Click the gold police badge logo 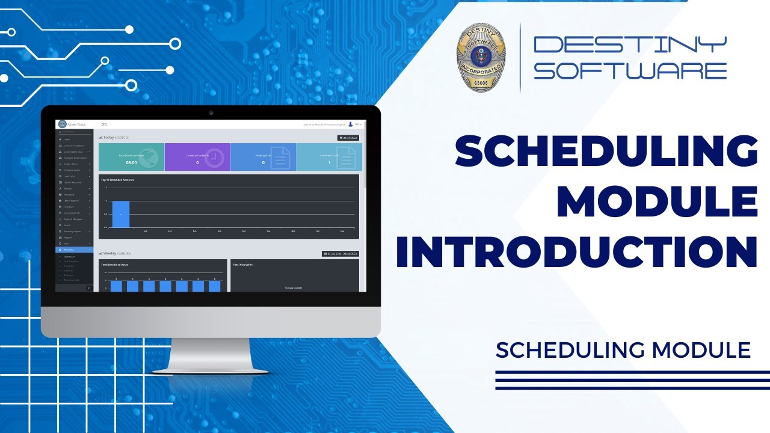(481, 58)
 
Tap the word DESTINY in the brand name (630, 44)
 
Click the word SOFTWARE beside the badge (630, 70)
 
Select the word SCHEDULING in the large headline (606, 151)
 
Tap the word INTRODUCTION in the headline (576, 253)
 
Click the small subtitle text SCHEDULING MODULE (623, 349)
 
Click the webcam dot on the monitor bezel (211, 112)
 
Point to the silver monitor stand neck (210, 352)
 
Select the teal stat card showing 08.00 (131, 157)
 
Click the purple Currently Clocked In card (197, 157)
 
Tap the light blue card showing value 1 (329, 157)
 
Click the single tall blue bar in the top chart (121, 214)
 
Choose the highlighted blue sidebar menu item (74, 250)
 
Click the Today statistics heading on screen (114, 137)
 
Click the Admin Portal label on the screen (76, 124)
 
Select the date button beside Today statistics (348, 138)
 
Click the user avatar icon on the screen (350, 124)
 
